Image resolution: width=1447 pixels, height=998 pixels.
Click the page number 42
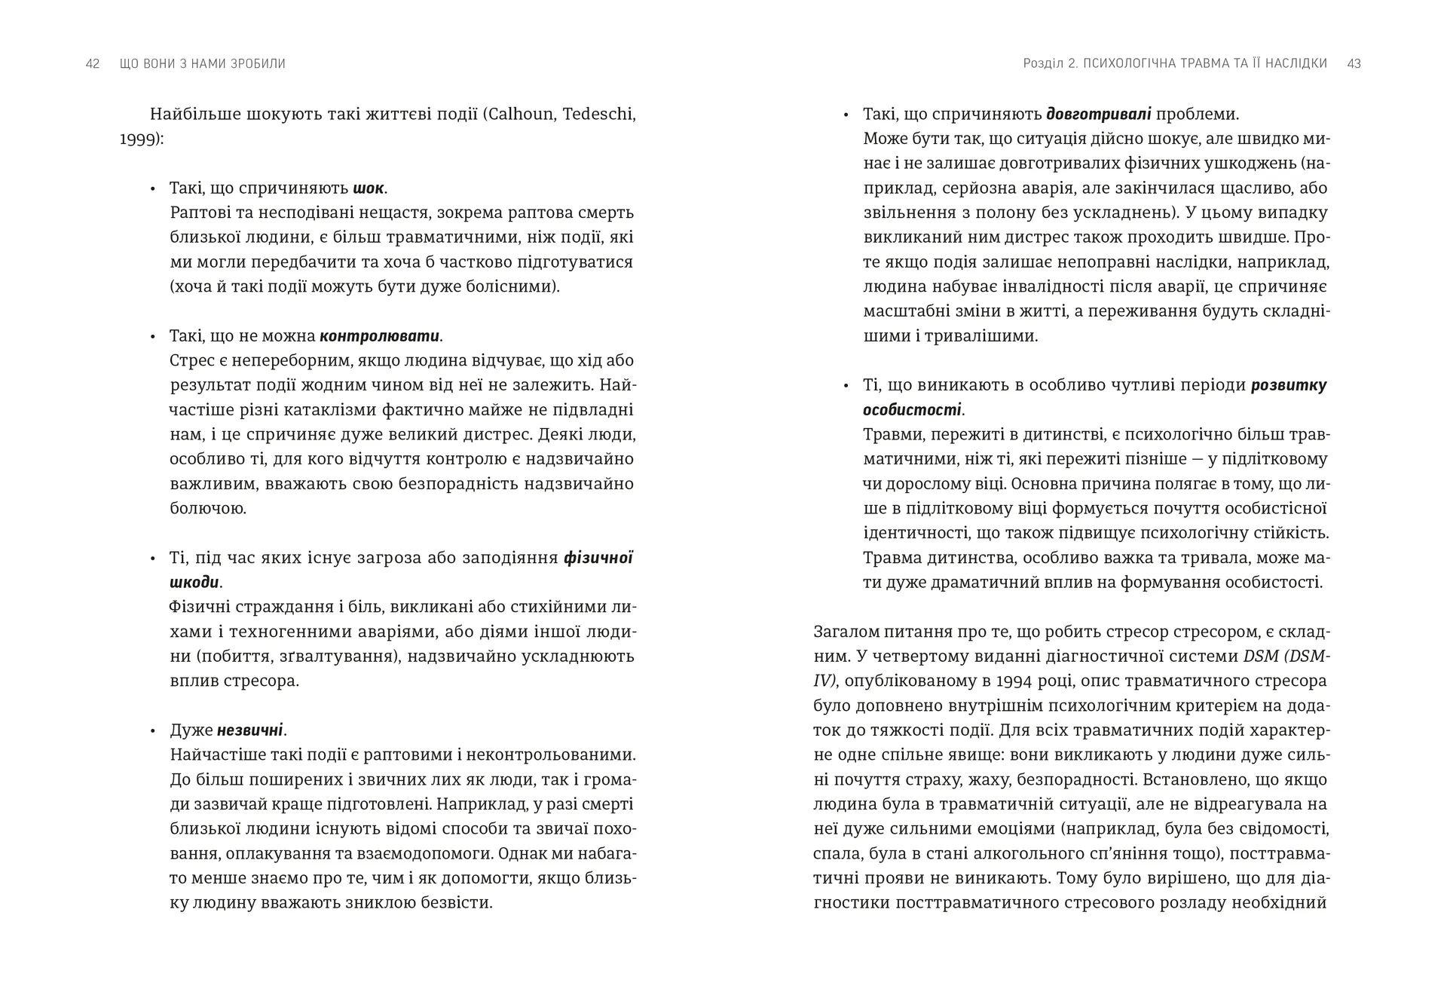click(93, 64)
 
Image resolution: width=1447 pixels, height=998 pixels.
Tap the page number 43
click(1354, 64)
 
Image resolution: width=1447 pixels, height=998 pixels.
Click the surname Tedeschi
click(601, 115)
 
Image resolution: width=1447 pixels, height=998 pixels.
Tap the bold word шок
click(369, 188)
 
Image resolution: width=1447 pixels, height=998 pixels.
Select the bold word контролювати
click(380, 336)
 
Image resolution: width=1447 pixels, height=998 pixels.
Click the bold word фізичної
click(598, 559)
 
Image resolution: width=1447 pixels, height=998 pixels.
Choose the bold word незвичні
click(250, 730)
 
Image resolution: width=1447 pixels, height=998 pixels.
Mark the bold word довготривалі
click(1099, 115)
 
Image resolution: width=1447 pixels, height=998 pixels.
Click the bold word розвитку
click(1289, 385)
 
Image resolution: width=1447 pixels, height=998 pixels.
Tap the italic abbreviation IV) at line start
click(824, 681)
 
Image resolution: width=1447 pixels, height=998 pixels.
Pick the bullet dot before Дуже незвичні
click(153, 731)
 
